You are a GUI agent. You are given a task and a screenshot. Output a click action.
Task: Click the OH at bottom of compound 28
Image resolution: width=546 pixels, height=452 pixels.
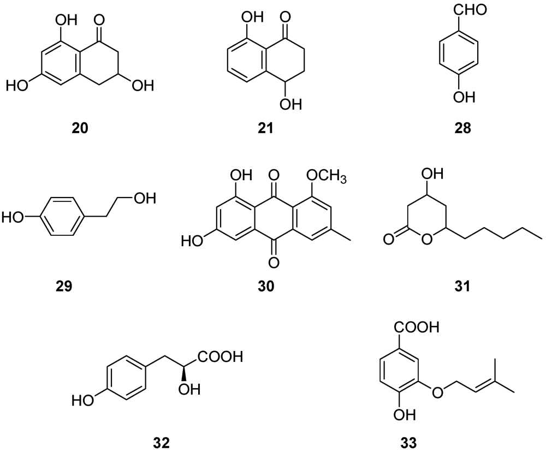[x=463, y=97]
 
